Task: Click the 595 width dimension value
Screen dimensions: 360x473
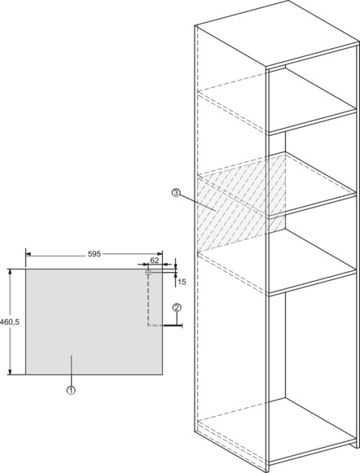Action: tap(94, 254)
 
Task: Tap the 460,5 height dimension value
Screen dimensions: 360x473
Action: tap(10, 322)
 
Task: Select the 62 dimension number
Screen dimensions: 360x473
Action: tap(155, 260)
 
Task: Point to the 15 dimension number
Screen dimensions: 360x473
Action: tap(182, 282)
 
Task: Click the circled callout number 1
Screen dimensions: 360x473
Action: tap(71, 390)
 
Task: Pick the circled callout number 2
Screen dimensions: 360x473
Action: tap(177, 308)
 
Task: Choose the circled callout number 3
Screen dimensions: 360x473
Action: tap(176, 193)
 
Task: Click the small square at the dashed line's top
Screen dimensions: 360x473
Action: tap(148, 273)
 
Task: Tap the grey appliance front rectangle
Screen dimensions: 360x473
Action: tap(94, 322)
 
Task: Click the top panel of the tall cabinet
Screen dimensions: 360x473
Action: tap(277, 33)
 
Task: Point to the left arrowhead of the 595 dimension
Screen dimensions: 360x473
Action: tap(29, 254)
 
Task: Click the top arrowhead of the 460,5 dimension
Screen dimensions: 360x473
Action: tap(11, 272)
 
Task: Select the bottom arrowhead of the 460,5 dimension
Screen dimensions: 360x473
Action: tap(11, 372)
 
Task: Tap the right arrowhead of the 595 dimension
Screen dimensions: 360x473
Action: tap(160, 254)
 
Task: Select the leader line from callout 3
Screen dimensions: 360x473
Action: tap(198, 202)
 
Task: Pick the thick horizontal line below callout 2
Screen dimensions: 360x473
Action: tap(173, 326)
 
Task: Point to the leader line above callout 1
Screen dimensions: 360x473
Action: tap(71, 371)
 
